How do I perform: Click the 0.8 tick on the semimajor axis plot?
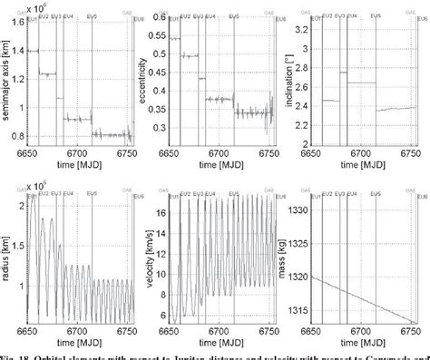pyautogui.click(x=20, y=134)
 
